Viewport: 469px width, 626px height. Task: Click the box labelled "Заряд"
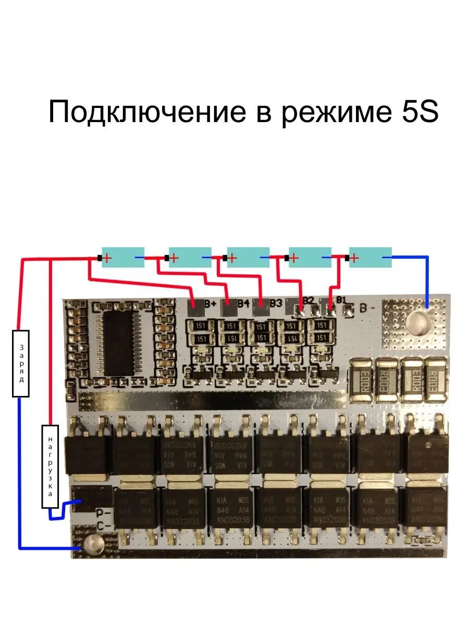click(21, 364)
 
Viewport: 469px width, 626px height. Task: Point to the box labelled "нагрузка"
click(50, 466)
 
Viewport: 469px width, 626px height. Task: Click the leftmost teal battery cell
click(123, 257)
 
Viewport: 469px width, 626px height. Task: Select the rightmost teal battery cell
click(370, 257)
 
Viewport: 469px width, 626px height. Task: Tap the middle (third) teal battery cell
click(248, 257)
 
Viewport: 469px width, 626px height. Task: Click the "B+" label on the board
click(211, 303)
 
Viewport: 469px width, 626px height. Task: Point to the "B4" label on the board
click(243, 303)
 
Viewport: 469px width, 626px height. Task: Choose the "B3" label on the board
click(276, 303)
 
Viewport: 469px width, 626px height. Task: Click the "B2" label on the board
click(308, 300)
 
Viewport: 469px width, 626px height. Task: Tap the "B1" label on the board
click(341, 300)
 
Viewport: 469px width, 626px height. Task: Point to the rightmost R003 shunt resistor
click(435, 380)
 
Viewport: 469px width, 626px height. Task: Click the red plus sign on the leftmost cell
click(106, 257)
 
